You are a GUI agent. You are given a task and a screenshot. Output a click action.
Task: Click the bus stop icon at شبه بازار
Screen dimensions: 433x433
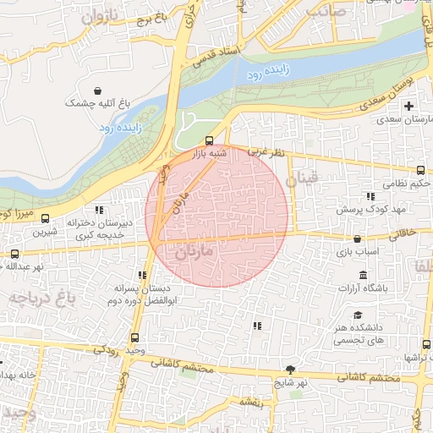(209, 140)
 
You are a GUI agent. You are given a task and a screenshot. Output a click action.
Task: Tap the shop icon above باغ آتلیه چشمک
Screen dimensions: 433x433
(99, 90)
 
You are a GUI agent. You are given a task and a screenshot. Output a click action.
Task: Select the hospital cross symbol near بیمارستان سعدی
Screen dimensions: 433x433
(409, 107)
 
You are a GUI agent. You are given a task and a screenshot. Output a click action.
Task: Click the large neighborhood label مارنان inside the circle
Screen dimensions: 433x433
(199, 253)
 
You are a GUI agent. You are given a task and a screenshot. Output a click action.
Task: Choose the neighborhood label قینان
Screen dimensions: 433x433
(301, 178)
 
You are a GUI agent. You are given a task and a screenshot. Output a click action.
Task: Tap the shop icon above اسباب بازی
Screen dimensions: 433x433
(359, 238)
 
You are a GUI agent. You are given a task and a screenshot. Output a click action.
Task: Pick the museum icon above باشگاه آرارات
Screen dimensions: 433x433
(363, 276)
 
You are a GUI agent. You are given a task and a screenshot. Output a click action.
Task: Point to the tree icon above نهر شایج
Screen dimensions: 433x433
(292, 369)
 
